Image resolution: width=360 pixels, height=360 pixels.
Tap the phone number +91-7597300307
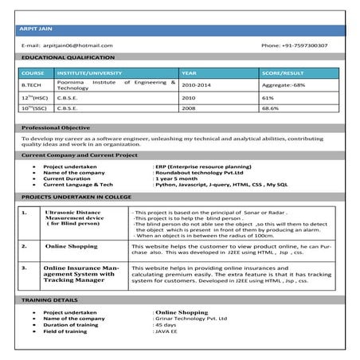click(x=294, y=45)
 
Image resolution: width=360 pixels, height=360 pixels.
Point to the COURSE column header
click(x=33, y=72)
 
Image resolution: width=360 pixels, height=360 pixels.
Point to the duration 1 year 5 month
click(x=177, y=178)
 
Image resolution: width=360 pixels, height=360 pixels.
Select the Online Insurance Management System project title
click(x=79, y=275)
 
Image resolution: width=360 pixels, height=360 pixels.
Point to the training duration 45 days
click(x=166, y=325)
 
